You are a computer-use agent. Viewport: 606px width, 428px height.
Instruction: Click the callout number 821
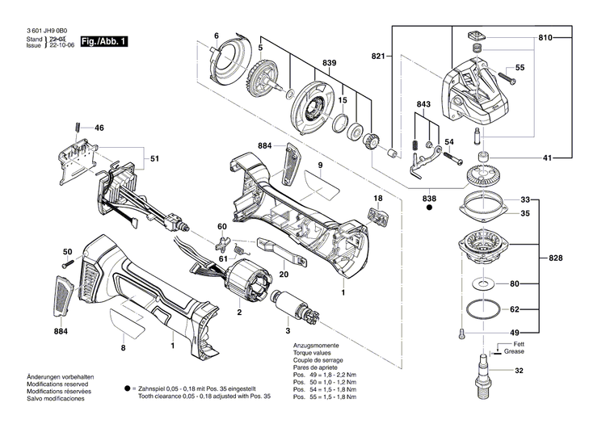tap(379, 56)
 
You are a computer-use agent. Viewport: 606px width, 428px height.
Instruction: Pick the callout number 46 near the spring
tap(99, 128)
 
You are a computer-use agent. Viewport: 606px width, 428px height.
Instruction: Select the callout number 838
tap(428, 198)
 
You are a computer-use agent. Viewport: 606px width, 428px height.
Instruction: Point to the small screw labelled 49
tap(461, 333)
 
